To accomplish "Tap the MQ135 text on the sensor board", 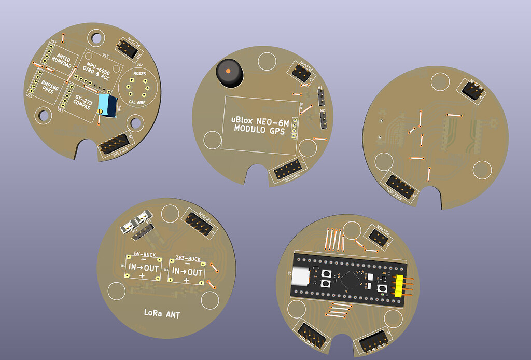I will (x=139, y=74).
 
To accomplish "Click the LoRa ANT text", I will (x=162, y=313).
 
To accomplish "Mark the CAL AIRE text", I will (x=139, y=102).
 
